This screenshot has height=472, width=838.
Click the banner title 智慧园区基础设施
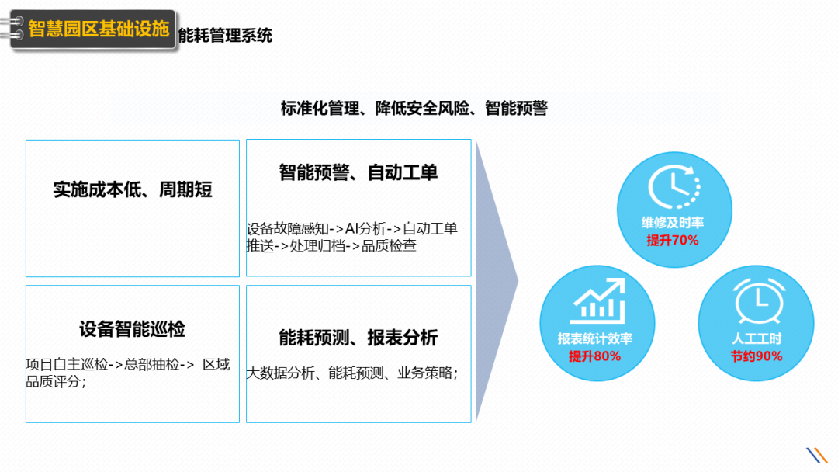click(99, 29)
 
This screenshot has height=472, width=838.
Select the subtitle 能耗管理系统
click(225, 35)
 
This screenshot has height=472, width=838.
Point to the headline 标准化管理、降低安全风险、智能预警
click(414, 108)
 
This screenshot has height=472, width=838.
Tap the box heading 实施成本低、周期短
click(133, 189)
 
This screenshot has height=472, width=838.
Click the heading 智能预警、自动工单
click(358, 172)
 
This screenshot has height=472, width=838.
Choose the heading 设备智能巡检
click(132, 328)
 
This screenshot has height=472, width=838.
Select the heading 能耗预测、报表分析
click(358, 337)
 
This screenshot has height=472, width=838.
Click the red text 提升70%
click(673, 241)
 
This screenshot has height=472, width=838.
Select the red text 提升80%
click(594, 356)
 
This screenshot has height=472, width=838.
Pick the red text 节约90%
click(756, 356)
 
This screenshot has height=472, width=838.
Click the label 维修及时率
click(673, 224)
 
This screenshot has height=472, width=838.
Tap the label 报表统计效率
click(594, 339)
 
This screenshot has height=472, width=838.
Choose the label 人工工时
click(756, 339)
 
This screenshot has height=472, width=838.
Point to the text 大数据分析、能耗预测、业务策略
click(352, 373)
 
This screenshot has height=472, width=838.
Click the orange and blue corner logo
click(817, 455)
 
